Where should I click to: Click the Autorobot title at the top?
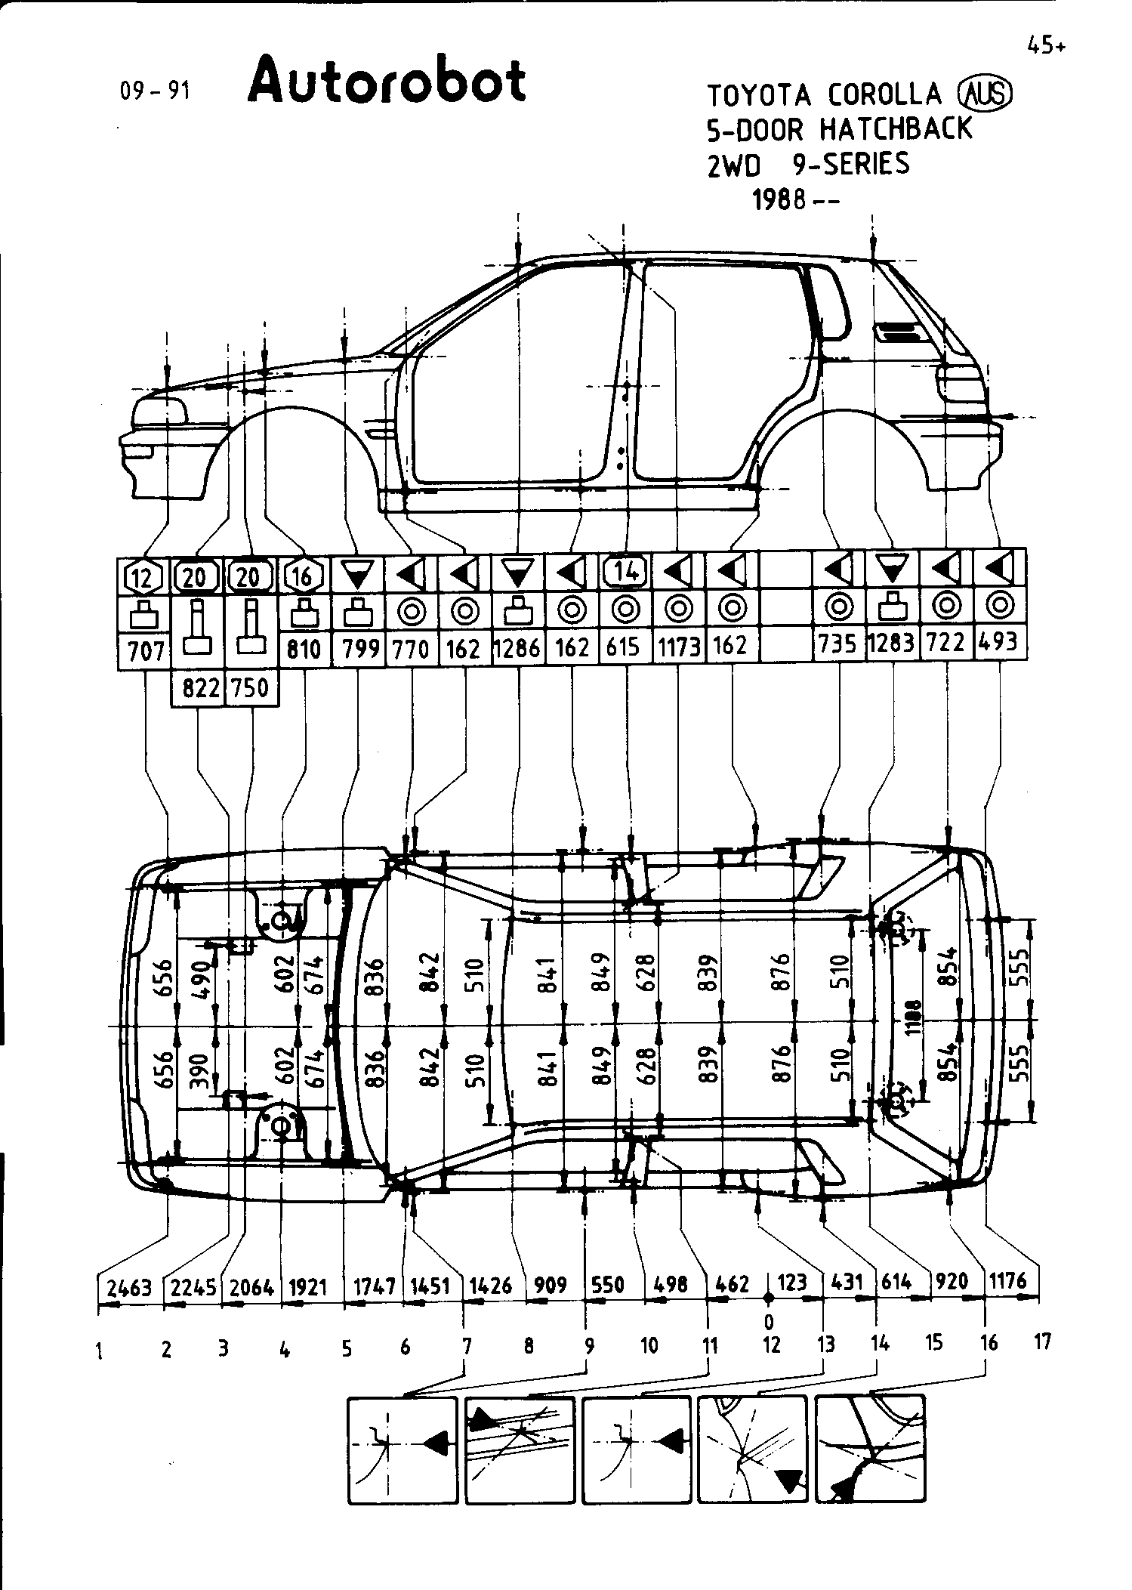coord(386,82)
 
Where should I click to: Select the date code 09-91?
coord(155,91)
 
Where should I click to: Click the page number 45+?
coord(1046,46)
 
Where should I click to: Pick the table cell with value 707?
coord(145,650)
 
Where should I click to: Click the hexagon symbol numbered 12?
coord(143,578)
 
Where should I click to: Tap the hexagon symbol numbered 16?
coord(303,576)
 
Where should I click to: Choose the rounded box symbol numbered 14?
coord(625,573)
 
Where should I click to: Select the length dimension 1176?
coord(1007,1280)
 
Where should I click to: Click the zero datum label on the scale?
coord(769,1321)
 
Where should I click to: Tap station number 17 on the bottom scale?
coord(1042,1342)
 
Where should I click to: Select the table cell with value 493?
coord(998,642)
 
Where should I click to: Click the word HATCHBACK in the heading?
coord(896,129)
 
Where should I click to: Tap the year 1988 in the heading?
coord(779,201)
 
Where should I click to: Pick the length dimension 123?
coord(791,1282)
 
